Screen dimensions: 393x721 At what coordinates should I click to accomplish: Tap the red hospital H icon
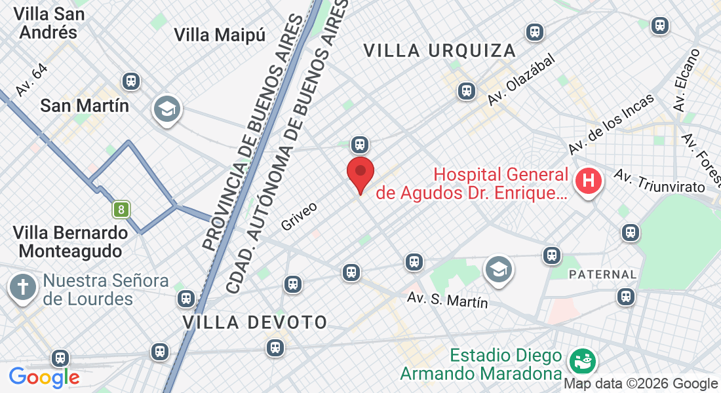click(x=588, y=181)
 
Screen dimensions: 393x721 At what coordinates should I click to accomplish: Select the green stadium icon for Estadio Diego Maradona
click(x=580, y=360)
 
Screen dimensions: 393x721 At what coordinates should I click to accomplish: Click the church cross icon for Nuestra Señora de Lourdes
click(x=23, y=288)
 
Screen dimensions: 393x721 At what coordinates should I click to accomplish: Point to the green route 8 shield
click(x=121, y=210)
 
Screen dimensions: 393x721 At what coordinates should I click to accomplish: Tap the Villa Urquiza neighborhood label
click(x=439, y=50)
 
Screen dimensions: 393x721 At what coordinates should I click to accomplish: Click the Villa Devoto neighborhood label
click(x=255, y=322)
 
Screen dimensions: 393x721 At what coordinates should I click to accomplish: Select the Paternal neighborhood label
click(x=602, y=274)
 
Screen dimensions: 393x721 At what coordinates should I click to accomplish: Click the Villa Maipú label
click(x=220, y=35)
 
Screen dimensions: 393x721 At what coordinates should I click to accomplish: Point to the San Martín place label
click(x=85, y=105)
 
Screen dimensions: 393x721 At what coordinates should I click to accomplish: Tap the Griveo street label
click(x=299, y=216)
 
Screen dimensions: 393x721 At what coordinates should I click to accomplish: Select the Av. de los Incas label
click(x=612, y=124)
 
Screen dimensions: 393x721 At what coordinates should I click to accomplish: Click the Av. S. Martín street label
click(x=448, y=300)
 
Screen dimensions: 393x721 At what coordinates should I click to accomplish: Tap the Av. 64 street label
click(x=31, y=81)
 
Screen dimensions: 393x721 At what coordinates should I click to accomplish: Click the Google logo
click(x=44, y=377)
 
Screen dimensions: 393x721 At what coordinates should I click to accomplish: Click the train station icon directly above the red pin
click(x=359, y=144)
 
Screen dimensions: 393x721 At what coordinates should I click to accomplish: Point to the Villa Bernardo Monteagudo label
click(x=71, y=242)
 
